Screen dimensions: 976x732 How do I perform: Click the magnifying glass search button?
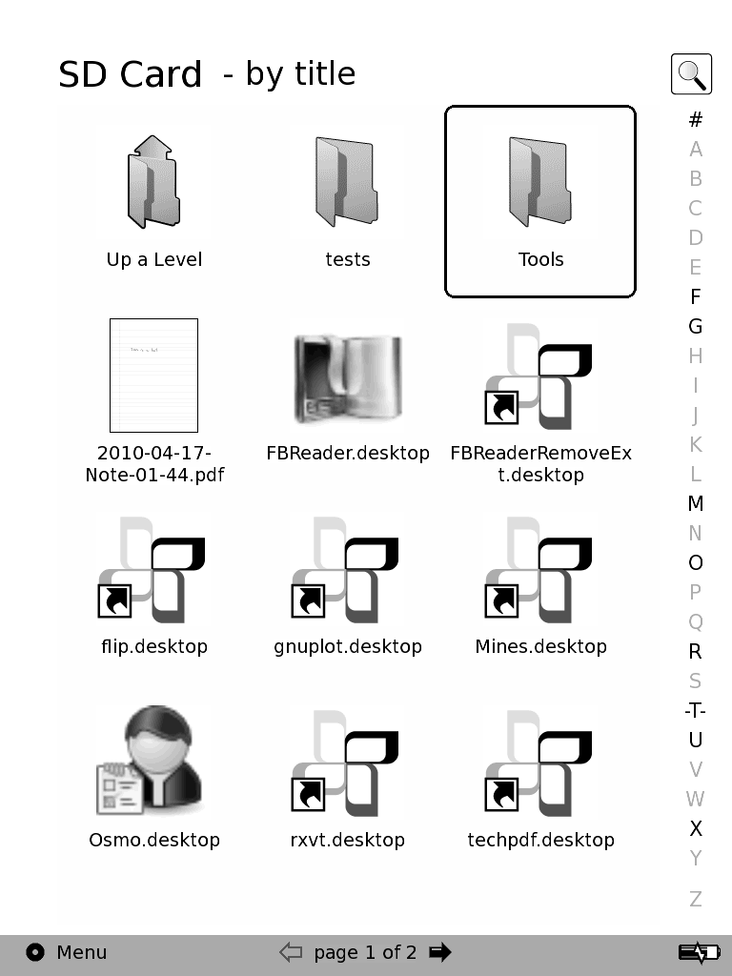coord(691,73)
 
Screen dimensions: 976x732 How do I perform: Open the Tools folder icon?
coord(539,182)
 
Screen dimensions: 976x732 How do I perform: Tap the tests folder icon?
coord(347,182)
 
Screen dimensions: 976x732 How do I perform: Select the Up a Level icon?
coord(153,182)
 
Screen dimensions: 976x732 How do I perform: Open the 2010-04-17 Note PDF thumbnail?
coord(153,376)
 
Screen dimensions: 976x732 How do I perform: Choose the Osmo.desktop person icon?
coord(153,762)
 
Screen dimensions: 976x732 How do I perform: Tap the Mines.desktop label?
coord(540,646)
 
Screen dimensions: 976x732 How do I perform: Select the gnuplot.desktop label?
coord(347,646)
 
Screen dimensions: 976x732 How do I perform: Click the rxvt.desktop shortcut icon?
coord(347,762)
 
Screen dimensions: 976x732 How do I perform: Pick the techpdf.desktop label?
coord(540,840)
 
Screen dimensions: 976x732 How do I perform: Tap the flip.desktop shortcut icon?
coord(153,569)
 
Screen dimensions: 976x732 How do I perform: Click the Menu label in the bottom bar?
coord(82,952)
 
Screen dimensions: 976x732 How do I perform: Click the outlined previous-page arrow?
coord(291,952)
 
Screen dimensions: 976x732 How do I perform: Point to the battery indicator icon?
coord(699,952)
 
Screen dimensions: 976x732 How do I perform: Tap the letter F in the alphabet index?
coord(696,296)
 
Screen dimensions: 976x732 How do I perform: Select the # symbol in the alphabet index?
coord(696,119)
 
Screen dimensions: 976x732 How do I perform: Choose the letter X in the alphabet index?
coord(696,828)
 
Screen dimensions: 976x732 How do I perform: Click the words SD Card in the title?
coord(130,74)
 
